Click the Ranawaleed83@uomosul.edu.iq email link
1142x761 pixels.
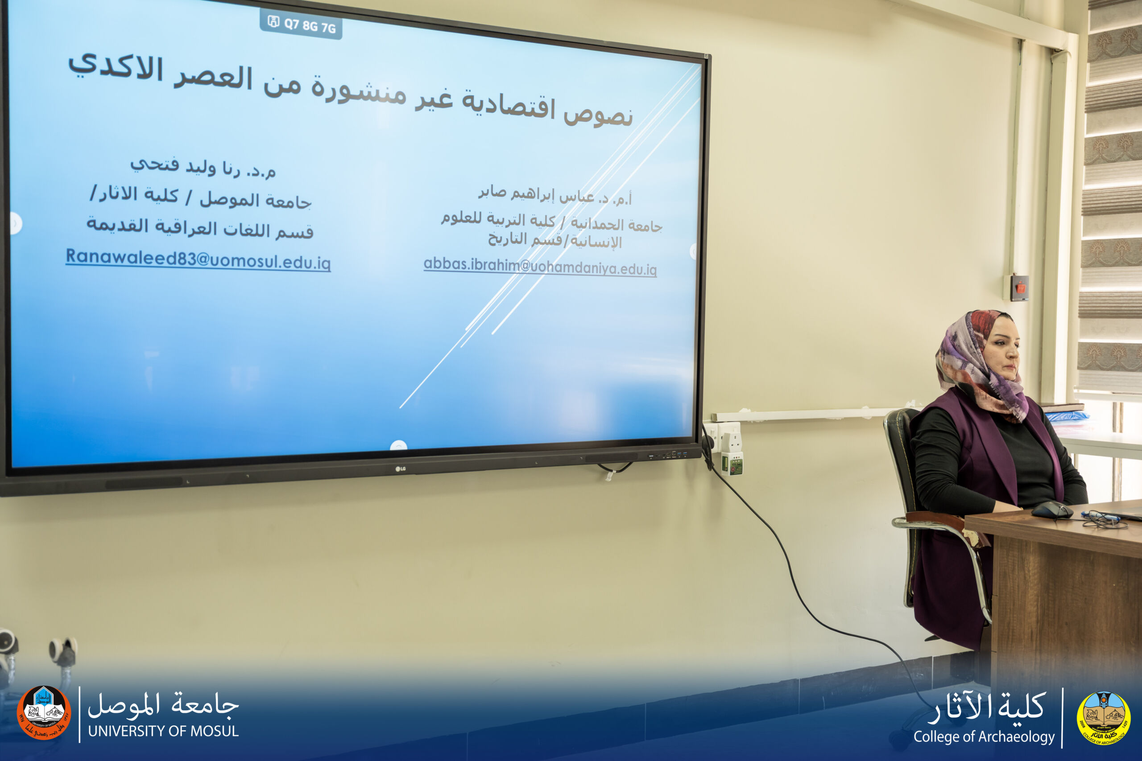click(x=198, y=259)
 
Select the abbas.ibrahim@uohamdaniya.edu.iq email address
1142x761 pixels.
click(x=540, y=267)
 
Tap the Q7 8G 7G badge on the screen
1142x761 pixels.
click(x=302, y=24)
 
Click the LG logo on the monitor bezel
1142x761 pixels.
click(x=400, y=469)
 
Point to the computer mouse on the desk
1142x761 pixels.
click(x=1052, y=510)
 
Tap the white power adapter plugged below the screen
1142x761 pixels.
click(x=730, y=448)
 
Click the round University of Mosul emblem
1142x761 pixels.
click(x=44, y=712)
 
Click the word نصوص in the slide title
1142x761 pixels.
click(x=598, y=115)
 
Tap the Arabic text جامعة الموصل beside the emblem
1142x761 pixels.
click(x=163, y=704)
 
